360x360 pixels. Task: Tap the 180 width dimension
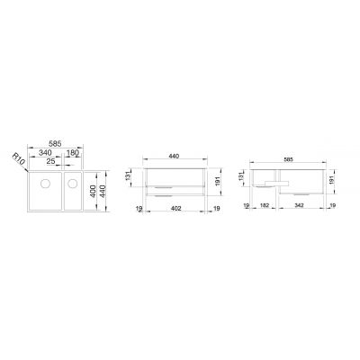73,152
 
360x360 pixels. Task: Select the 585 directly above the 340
56,143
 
